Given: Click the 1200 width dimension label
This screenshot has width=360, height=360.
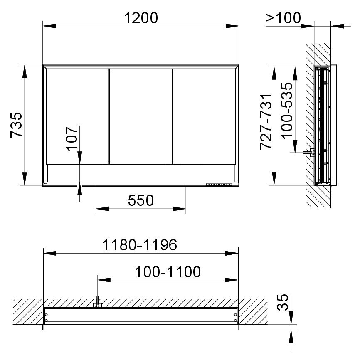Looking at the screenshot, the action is tap(141, 18).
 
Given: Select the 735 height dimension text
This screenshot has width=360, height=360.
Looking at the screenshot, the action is tap(17, 125).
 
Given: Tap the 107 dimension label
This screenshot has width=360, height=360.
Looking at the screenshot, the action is tap(72, 139).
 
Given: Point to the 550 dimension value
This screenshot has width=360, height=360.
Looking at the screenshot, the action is tap(141, 200).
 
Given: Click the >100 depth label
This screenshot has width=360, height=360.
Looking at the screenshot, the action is tap(284, 18).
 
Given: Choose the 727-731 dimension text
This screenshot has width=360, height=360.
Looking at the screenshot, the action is tap(266, 122).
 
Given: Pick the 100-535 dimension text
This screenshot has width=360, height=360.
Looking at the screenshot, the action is tap(287, 111).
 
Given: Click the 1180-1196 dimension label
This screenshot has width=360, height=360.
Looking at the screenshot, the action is tap(140, 245).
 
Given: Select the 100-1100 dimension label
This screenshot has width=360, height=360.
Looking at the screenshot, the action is tap(168, 272).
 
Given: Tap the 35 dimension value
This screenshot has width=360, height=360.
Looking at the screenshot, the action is tap(282, 302).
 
